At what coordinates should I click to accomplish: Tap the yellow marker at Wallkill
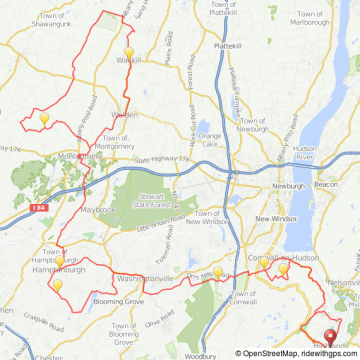(128, 54)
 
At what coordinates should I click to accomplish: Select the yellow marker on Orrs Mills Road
(219, 270)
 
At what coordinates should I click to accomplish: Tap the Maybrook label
(97, 209)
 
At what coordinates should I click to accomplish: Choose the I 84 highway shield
(37, 207)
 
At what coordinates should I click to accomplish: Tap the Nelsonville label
(344, 283)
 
